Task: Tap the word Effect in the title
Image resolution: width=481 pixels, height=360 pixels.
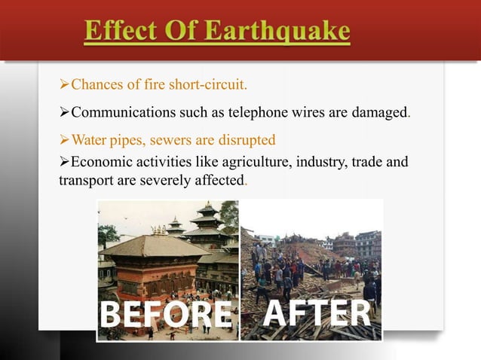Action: pyautogui.click(x=120, y=32)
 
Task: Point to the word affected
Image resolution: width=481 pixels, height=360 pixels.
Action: pyautogui.click(x=223, y=181)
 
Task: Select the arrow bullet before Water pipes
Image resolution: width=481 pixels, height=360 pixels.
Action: pyautogui.click(x=64, y=139)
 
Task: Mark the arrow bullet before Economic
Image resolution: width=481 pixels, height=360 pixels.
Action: pyautogui.click(x=64, y=161)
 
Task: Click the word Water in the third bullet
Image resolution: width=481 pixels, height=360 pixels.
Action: pyautogui.click(x=88, y=139)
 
